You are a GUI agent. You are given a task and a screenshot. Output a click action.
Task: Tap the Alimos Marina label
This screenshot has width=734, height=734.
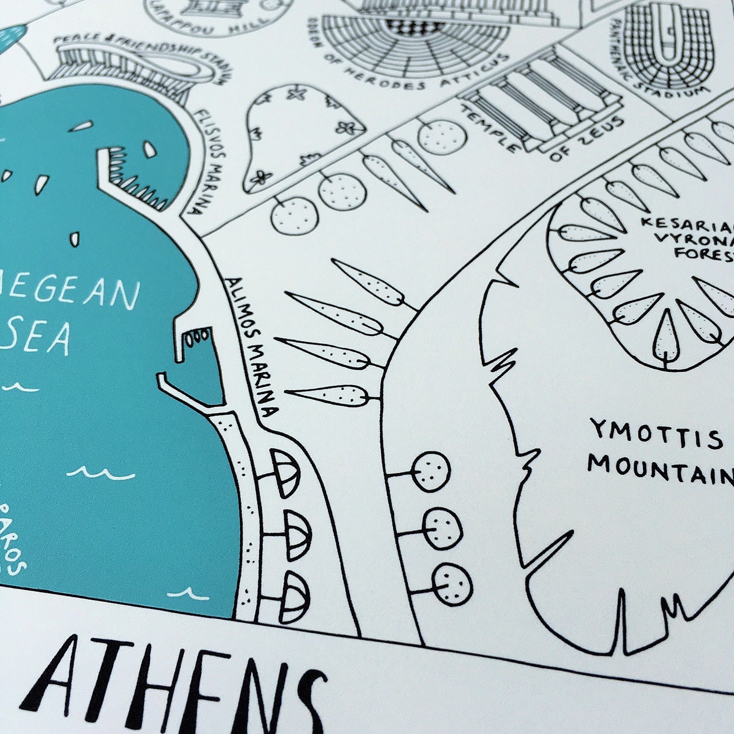[x=252, y=347]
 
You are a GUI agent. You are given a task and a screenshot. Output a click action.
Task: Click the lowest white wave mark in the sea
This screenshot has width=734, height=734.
[x=184, y=593]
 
